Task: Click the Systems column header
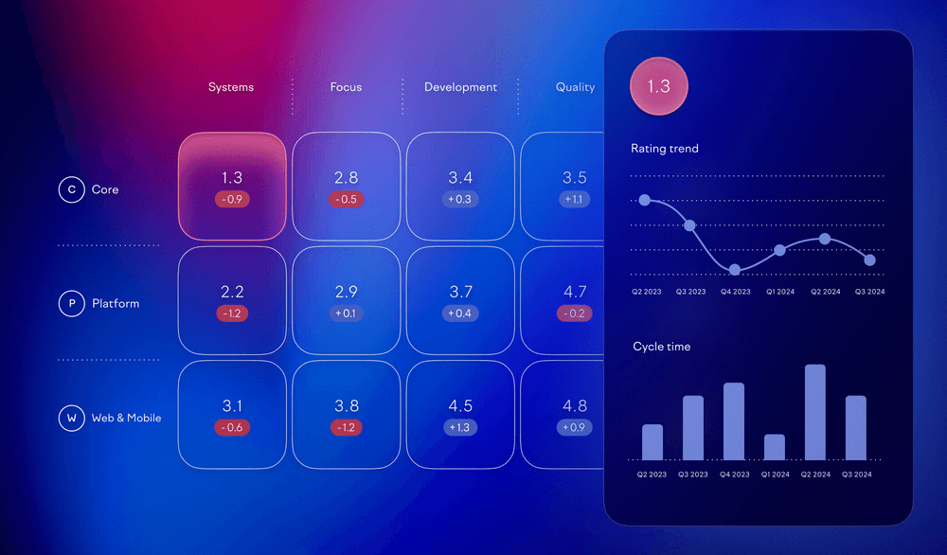231,87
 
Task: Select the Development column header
460,87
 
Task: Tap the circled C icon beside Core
71,189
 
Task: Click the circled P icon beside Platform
71,304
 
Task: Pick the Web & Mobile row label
126,418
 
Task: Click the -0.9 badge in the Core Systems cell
232,200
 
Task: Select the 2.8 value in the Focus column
346,178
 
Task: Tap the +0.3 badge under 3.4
460,200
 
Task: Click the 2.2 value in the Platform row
232,292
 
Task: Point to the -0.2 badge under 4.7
575,313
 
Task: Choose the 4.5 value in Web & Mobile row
460,406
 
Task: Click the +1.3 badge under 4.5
460,427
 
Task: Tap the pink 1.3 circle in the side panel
658,86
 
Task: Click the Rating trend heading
665,149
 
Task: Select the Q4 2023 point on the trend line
735,270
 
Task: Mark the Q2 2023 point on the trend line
645,200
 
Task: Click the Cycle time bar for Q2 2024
814,412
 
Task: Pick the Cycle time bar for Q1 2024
775,447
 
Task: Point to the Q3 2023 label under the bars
692,474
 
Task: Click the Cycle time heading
662,347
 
